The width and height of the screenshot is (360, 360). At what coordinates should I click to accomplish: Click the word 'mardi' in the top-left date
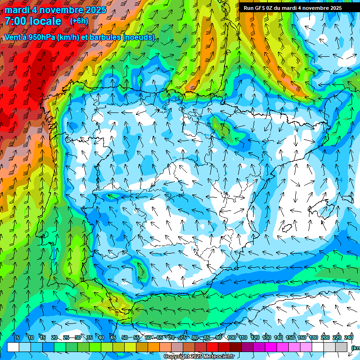pyautogui.click(x=17, y=10)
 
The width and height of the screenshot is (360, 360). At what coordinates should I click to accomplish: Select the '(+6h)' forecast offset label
pyautogui.click(x=79, y=21)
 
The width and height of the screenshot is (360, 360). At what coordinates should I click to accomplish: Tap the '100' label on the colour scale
pyautogui.click(x=232, y=337)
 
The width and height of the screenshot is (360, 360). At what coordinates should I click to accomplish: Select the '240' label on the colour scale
pyautogui.click(x=349, y=337)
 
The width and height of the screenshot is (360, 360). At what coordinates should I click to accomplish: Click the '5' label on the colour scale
pyautogui.click(x=17, y=337)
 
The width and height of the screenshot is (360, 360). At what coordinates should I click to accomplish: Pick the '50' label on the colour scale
pyautogui.click(x=125, y=337)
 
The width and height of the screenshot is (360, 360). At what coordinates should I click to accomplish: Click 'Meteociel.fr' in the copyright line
pyautogui.click(x=218, y=357)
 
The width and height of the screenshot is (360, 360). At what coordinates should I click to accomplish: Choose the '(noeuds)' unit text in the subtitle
pyautogui.click(x=138, y=37)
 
